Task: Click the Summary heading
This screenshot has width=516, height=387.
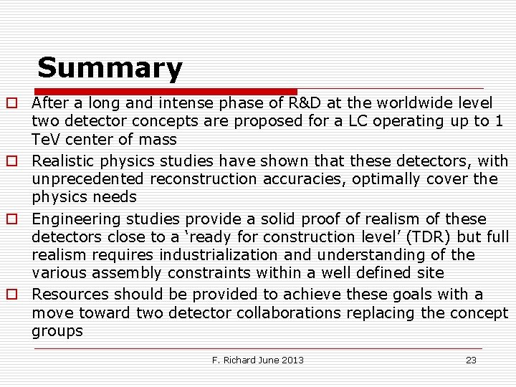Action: click(110, 69)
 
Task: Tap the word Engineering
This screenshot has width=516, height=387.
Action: click(74, 219)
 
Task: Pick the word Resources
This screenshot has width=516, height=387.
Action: click(71, 295)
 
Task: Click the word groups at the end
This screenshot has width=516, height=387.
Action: click(57, 330)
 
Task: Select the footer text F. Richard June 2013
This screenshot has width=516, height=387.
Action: click(258, 360)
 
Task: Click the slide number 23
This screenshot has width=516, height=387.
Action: click(471, 360)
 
